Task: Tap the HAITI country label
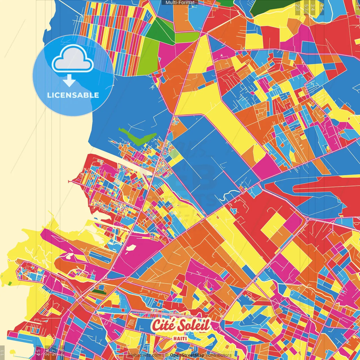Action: click(180, 338)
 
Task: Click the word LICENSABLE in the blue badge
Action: click(73, 95)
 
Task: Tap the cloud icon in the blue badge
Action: click(73, 58)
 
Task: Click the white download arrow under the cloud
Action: click(69, 81)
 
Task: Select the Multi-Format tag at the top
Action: click(180, 3)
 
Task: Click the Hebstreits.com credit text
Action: click(145, 355)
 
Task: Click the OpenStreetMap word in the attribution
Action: click(187, 355)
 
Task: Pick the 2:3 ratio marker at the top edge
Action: click(298, 7)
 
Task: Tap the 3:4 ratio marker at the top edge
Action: click(313, 7)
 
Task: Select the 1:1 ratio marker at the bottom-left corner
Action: click(2, 352)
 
